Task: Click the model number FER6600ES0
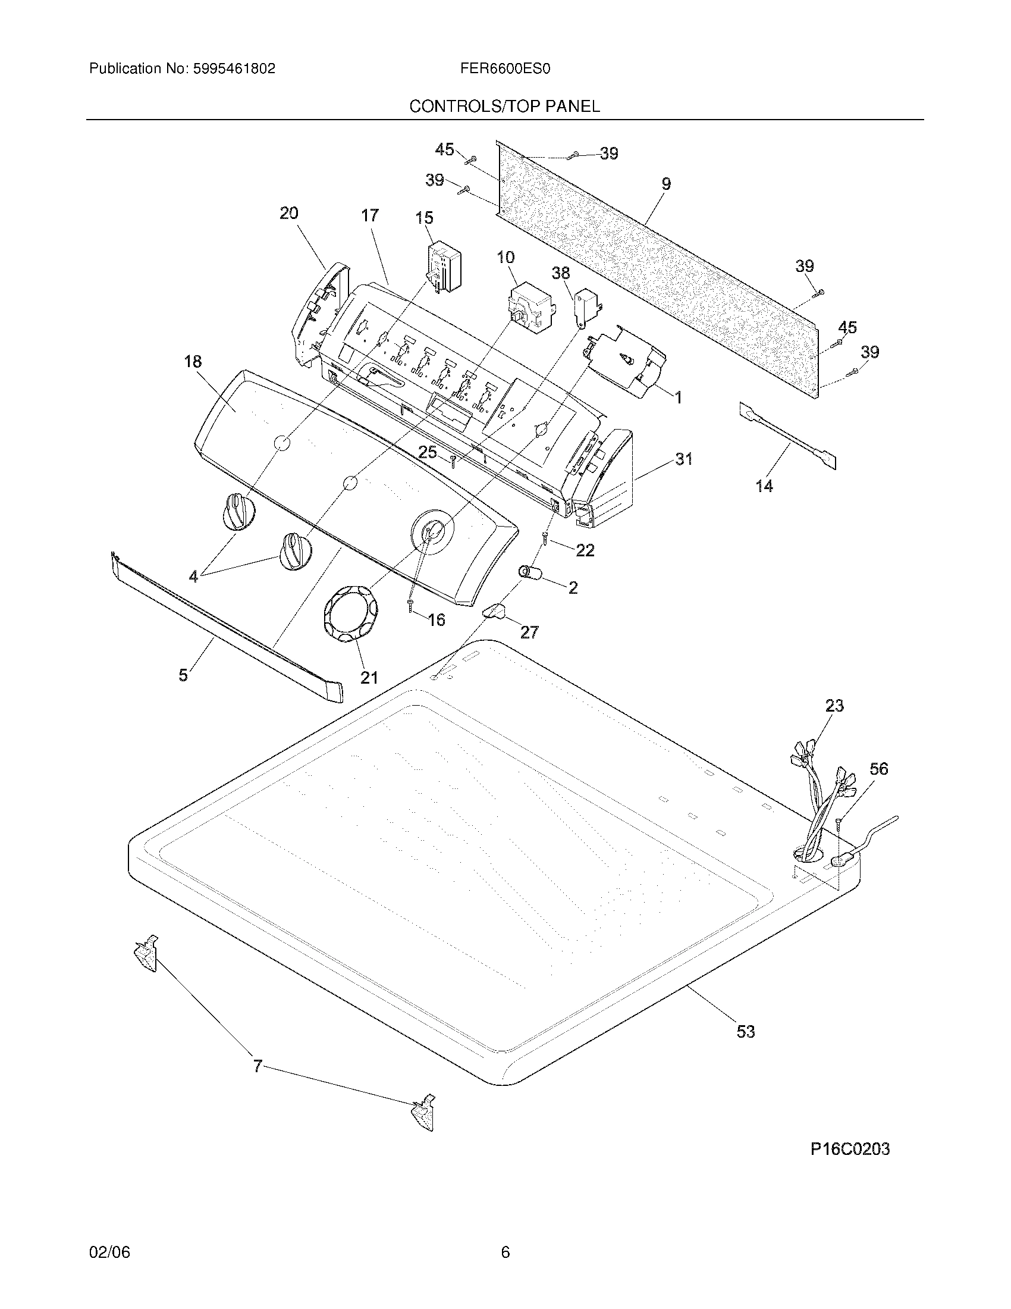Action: (x=505, y=69)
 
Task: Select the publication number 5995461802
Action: (x=234, y=69)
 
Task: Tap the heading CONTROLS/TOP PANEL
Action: (x=504, y=107)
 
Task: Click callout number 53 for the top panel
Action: (x=746, y=1032)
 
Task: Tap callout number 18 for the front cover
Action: (x=193, y=361)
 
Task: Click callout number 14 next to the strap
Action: (x=765, y=486)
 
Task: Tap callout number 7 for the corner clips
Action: (x=258, y=1066)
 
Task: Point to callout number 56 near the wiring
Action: (x=878, y=768)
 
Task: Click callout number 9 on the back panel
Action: (x=666, y=184)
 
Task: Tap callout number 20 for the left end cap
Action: (x=289, y=213)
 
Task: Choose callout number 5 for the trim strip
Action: (x=183, y=675)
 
